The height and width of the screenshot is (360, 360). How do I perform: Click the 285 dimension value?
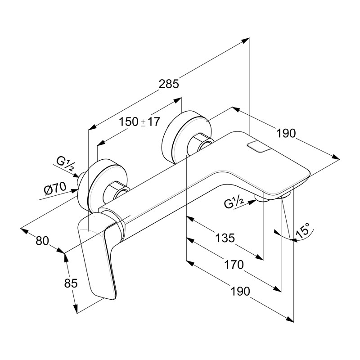tap(169, 84)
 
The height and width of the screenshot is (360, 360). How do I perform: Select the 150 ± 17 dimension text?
tap(139, 122)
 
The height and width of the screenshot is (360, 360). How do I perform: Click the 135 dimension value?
tap(225, 238)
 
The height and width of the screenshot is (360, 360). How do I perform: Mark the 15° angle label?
tap(302, 230)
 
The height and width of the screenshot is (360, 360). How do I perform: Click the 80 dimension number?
tap(42, 240)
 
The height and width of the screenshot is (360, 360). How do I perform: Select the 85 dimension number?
tap(71, 283)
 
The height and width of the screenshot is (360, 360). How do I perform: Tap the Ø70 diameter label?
tap(55, 188)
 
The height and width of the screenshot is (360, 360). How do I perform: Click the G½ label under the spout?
tap(234, 203)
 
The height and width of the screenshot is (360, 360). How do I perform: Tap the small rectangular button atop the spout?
tap(258, 147)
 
